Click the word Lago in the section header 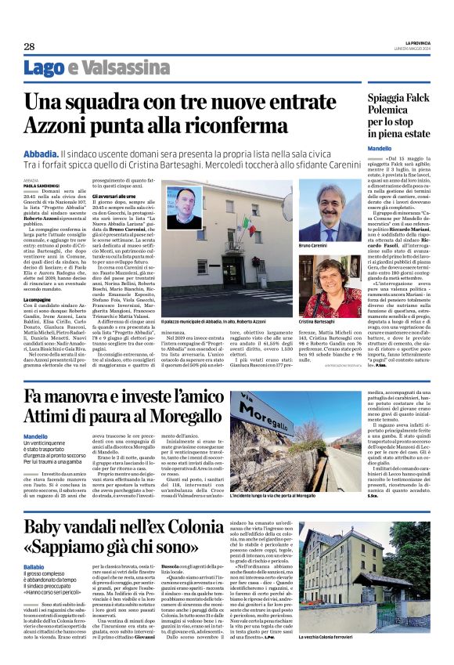43,68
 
